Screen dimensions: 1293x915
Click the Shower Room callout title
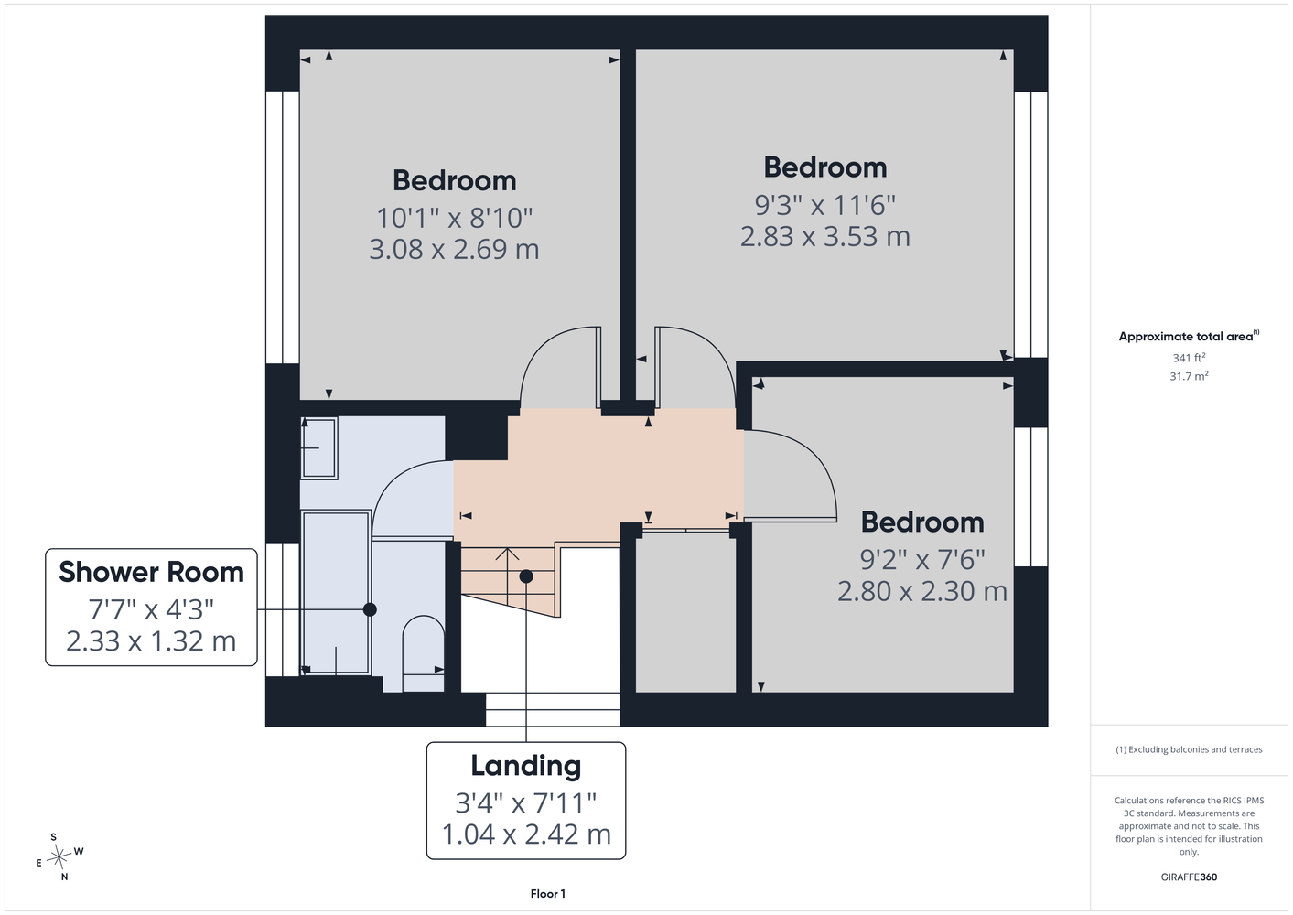(x=151, y=572)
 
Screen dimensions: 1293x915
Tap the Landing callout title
(x=526, y=767)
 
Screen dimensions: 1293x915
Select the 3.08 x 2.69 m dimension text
(x=454, y=250)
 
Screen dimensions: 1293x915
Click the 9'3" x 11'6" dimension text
(x=824, y=205)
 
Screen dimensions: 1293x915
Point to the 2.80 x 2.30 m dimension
(x=922, y=591)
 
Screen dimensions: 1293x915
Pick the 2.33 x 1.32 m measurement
(x=151, y=641)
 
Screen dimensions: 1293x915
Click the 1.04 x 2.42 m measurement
(x=526, y=834)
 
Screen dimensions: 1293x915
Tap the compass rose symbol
(x=59, y=856)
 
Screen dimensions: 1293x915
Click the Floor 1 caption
(x=548, y=894)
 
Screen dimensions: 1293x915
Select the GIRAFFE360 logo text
(x=1189, y=877)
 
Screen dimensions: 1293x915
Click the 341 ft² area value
(x=1189, y=358)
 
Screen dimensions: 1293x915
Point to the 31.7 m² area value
(x=1189, y=376)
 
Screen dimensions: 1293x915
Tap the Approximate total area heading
(x=1189, y=336)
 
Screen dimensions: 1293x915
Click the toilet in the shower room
(x=423, y=653)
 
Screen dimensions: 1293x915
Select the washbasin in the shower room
(x=319, y=448)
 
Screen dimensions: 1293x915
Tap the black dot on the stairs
(x=526, y=576)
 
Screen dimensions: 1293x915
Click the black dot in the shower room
(x=370, y=609)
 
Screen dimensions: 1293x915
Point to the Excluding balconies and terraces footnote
(x=1189, y=749)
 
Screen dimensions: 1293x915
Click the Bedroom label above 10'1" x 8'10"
(x=454, y=180)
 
